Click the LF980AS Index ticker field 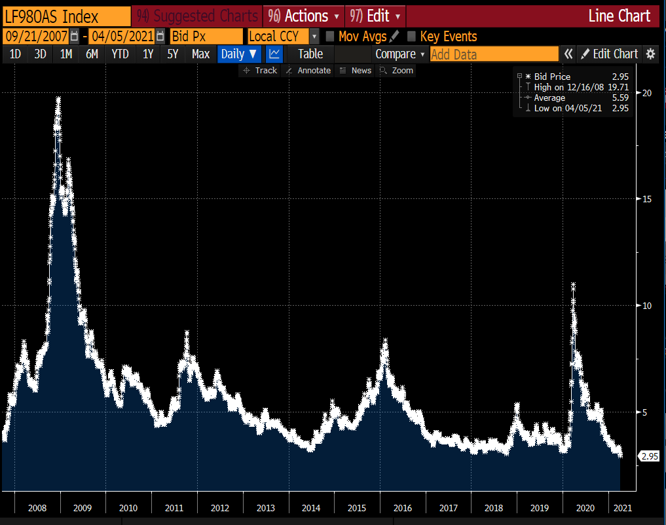tap(65, 16)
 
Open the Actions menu tap(305, 16)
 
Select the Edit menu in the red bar tap(375, 16)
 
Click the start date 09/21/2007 tap(35, 37)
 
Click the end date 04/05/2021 tap(122, 37)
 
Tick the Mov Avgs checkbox tap(331, 37)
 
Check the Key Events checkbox tap(412, 37)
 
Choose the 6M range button tap(92, 54)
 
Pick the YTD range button tap(120, 54)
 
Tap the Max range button tap(200, 54)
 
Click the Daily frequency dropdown tap(239, 54)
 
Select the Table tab tap(310, 54)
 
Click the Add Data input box tap(494, 54)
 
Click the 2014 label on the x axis tap(311, 508)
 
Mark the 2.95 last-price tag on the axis tap(649, 456)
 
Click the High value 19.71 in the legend tap(620, 87)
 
